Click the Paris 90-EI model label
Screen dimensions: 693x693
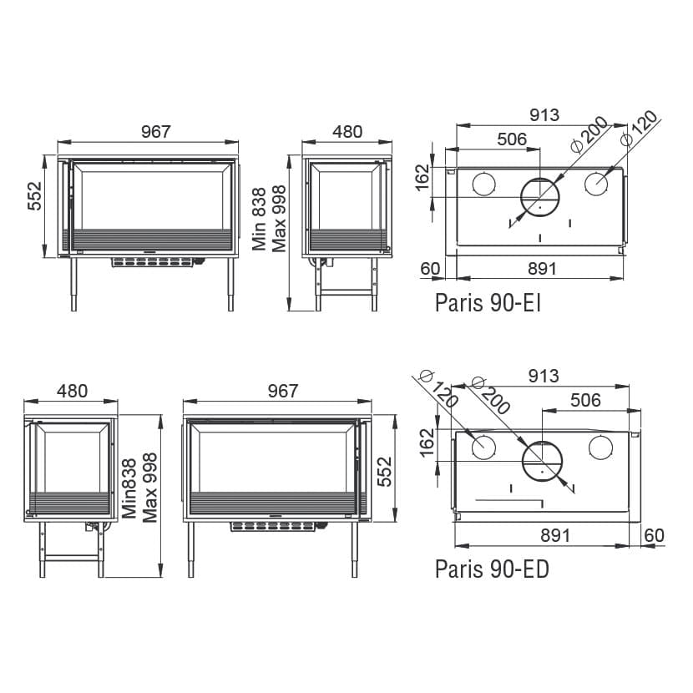[488, 303]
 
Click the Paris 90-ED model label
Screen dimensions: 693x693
[492, 569]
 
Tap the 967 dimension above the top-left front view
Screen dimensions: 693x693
[155, 131]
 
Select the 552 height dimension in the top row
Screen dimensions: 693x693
[34, 196]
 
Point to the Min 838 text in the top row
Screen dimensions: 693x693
[259, 219]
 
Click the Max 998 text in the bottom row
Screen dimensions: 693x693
[149, 488]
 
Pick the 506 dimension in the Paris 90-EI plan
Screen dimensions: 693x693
[512, 139]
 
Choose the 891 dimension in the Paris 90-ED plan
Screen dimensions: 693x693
[555, 536]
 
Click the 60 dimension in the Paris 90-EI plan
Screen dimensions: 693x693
[430, 269]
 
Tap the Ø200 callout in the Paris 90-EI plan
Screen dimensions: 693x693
[589, 134]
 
